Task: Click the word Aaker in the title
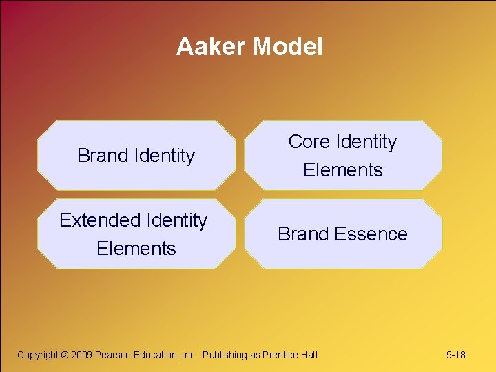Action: (211, 47)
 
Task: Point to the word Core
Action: (309, 142)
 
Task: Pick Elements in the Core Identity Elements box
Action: (342, 170)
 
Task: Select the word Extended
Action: (100, 220)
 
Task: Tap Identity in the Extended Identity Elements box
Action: (176, 220)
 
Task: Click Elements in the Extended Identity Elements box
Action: (136, 249)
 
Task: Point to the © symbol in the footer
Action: (65, 355)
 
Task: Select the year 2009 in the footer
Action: (82, 355)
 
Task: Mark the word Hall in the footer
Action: (309, 355)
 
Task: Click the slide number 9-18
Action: (456, 355)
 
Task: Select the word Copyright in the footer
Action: (38, 355)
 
